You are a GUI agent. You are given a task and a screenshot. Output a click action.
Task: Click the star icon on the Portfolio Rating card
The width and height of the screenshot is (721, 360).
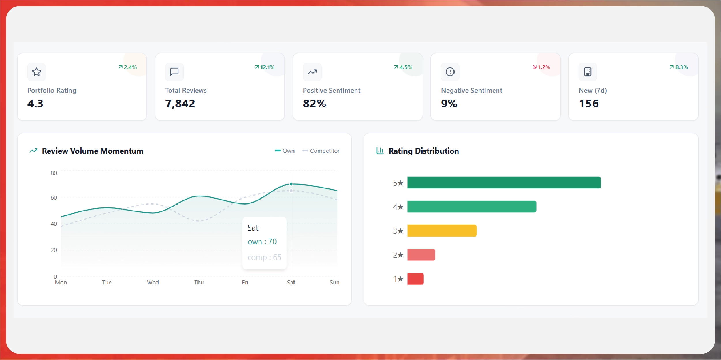pyautogui.click(x=37, y=72)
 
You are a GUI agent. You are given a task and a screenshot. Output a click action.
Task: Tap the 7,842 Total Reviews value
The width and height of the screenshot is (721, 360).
pyautogui.click(x=180, y=104)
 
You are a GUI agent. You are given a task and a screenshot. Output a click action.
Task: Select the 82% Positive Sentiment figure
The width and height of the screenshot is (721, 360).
pyautogui.click(x=314, y=104)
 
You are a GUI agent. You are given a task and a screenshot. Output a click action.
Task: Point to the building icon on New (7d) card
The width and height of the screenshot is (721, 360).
pyautogui.click(x=588, y=72)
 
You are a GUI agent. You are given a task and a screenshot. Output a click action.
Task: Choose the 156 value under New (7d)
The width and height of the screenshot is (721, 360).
pyautogui.click(x=589, y=104)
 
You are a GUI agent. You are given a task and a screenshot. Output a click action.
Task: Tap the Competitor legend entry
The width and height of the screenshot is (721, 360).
pyautogui.click(x=321, y=151)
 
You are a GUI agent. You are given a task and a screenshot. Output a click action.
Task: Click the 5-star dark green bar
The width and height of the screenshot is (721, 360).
pyautogui.click(x=504, y=183)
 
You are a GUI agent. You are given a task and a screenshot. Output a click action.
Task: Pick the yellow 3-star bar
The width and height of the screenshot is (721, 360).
pyautogui.click(x=442, y=231)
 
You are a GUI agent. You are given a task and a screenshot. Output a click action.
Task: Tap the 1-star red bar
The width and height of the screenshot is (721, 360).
pyautogui.click(x=415, y=279)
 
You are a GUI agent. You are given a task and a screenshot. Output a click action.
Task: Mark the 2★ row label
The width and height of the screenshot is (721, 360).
pyautogui.click(x=398, y=255)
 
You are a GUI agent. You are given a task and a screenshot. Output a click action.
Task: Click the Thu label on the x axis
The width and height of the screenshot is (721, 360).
pyautogui.click(x=199, y=282)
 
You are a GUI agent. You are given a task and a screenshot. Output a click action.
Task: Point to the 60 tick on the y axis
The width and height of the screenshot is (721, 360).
pyautogui.click(x=54, y=198)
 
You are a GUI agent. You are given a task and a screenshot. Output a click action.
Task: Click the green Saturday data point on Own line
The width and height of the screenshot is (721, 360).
pyautogui.click(x=291, y=184)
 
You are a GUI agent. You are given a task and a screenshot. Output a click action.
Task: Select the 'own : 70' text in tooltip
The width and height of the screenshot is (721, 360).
pyautogui.click(x=262, y=242)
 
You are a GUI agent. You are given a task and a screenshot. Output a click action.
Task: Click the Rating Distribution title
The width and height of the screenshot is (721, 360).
pyautogui.click(x=423, y=151)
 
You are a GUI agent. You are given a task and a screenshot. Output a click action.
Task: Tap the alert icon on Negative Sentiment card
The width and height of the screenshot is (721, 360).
pyautogui.click(x=450, y=72)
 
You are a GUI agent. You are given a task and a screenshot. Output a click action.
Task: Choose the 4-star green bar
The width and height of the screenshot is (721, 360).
pyautogui.click(x=472, y=207)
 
